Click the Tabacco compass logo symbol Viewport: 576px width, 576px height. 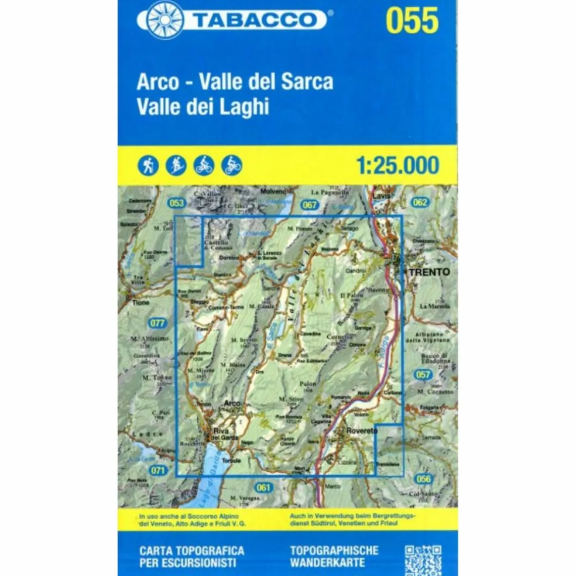[x=164, y=20]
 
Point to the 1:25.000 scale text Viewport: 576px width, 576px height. [x=397, y=165]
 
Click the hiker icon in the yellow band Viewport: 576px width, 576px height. [x=148, y=166]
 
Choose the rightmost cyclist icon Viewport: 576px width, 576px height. [x=232, y=166]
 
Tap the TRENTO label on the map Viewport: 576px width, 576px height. [x=430, y=272]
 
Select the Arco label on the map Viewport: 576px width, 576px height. [x=232, y=403]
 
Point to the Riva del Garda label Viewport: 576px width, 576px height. [x=221, y=434]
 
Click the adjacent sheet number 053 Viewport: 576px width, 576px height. [x=176, y=203]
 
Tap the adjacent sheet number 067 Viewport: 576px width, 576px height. [x=310, y=204]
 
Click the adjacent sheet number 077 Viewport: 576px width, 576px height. [x=157, y=323]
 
